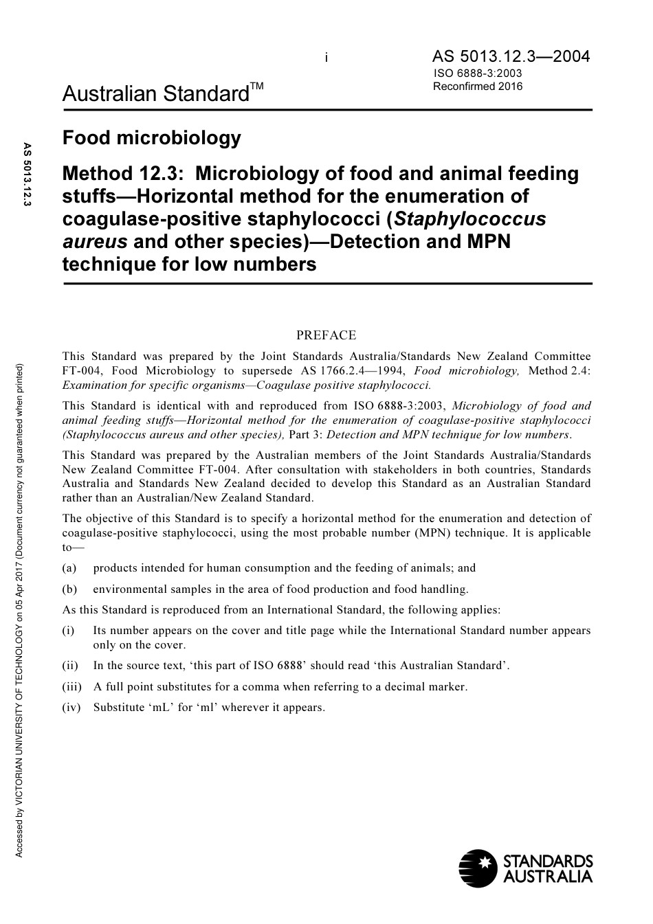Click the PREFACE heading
point(326,335)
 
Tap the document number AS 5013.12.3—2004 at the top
point(511,56)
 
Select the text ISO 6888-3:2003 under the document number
point(478,74)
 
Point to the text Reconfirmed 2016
point(478,87)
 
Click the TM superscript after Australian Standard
point(256,86)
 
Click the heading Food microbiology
point(151,138)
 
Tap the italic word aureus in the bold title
point(95,242)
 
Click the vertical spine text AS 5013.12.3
point(27,176)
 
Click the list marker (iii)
point(71,686)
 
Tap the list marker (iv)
point(71,707)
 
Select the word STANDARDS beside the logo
point(548,861)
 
